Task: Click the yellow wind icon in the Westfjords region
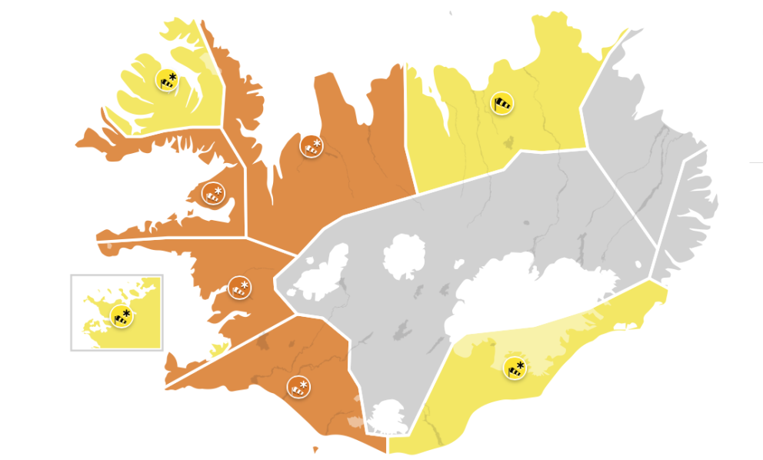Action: pos(167,79)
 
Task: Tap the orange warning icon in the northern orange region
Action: pos(312,145)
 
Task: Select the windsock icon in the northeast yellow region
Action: pos(501,103)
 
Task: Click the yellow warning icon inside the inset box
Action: pos(121,315)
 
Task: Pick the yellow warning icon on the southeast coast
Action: pos(515,368)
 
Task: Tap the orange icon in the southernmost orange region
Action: pos(298,387)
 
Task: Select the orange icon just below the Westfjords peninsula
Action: pos(212,193)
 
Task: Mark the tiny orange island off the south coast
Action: pos(315,450)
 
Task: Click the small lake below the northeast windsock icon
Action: pos(508,142)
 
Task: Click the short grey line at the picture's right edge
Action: pos(755,163)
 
